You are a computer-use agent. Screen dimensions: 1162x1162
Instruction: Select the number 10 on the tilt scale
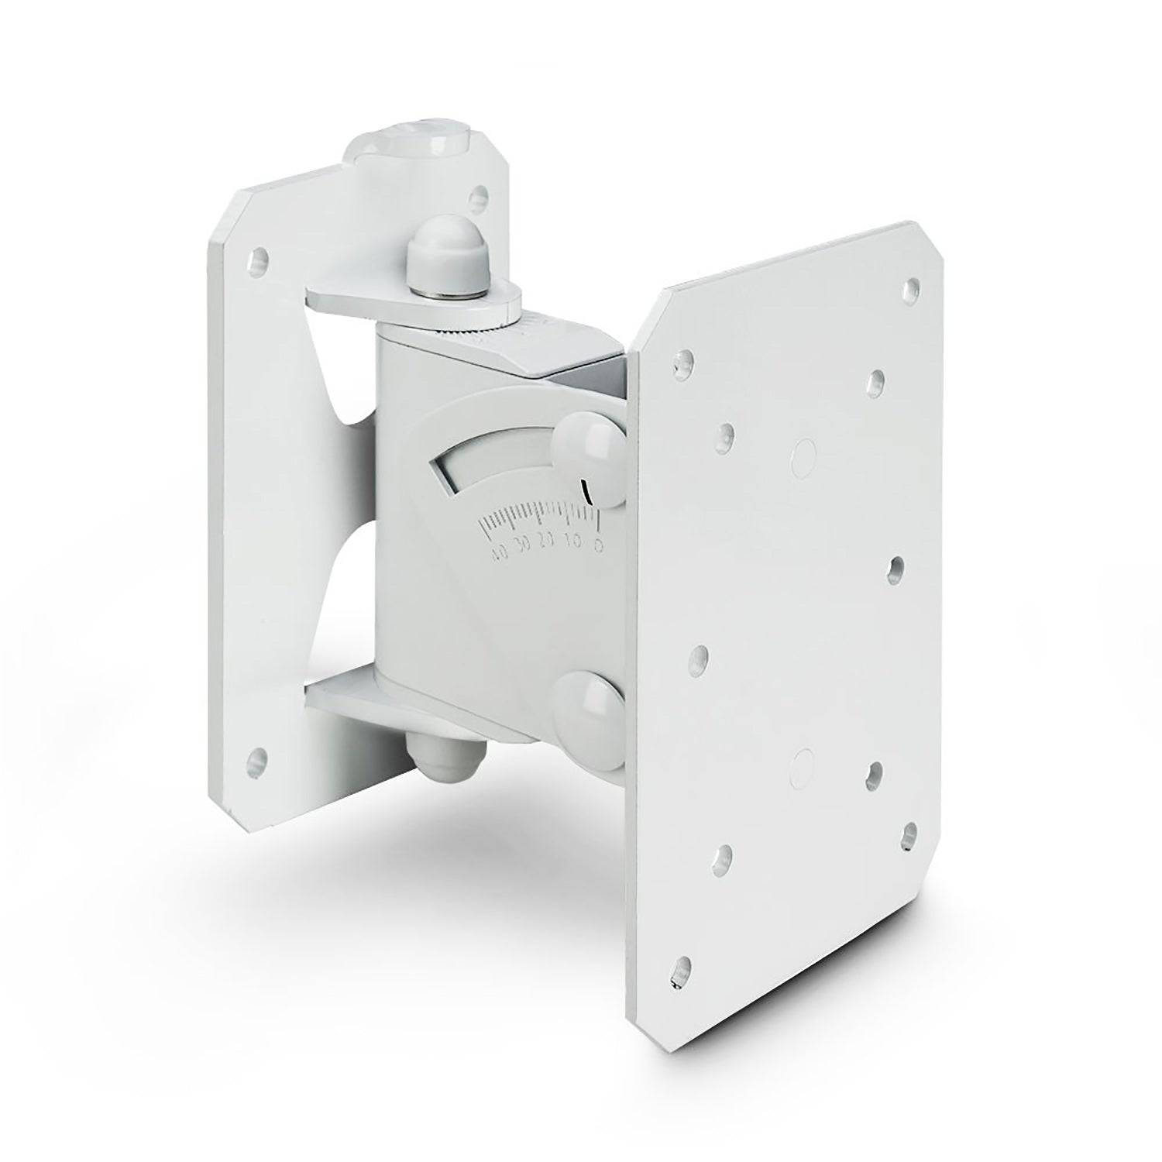[574, 541]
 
